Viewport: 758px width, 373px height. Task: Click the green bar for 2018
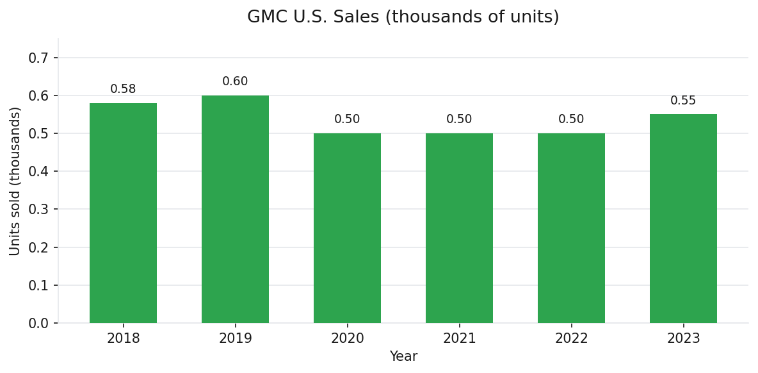tap(123, 213)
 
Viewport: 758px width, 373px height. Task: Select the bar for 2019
tap(235, 209)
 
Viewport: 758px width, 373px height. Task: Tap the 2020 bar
tap(347, 228)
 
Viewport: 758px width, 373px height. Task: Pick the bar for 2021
tap(459, 228)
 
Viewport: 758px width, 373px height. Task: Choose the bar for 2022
tap(571, 228)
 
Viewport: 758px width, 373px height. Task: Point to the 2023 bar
tap(683, 219)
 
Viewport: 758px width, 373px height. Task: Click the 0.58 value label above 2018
tap(123, 89)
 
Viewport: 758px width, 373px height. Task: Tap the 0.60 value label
tap(235, 81)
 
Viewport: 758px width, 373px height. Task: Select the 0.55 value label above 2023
tap(683, 101)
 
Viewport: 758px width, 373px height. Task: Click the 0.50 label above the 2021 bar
tap(459, 119)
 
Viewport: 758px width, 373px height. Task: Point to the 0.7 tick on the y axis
tap(38, 58)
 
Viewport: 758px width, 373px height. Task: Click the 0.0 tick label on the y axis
tap(38, 323)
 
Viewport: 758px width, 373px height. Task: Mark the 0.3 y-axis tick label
tap(38, 210)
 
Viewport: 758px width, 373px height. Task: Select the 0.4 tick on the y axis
tap(38, 172)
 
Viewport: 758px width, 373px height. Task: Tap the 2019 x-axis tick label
tap(235, 338)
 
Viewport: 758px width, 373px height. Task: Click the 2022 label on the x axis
tap(571, 338)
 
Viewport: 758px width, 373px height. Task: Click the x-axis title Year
tap(403, 357)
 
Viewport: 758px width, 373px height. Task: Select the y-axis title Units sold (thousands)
tap(15, 181)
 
